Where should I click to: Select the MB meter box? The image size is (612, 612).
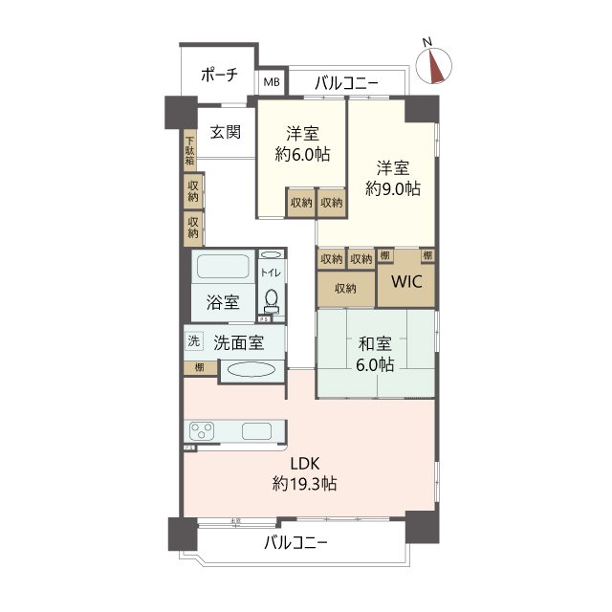tap(273, 84)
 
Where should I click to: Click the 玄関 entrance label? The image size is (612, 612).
tap(226, 132)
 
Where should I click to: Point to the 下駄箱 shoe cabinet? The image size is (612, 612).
tap(189, 152)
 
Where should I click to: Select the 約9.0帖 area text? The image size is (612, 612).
tap(392, 188)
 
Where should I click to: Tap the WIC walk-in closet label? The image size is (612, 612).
tap(405, 284)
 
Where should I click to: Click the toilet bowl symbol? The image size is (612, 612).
tap(272, 300)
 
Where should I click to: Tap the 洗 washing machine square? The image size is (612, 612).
tap(193, 340)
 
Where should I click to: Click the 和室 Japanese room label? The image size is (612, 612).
tap(374, 343)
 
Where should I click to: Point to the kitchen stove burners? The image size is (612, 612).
tap(203, 430)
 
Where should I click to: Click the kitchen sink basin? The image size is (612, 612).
tap(257, 430)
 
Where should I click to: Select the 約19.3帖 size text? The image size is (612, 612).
tap(304, 484)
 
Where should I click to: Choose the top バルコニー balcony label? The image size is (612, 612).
tap(346, 84)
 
